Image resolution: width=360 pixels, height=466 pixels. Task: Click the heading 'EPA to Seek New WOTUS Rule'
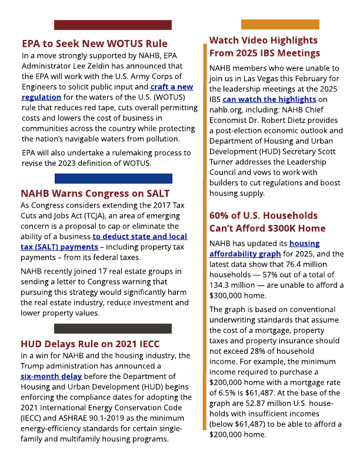94,44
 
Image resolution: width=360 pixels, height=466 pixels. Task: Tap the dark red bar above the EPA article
112,25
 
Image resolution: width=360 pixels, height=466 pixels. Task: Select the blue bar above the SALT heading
113,178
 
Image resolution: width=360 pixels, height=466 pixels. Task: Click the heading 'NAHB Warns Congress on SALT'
95,194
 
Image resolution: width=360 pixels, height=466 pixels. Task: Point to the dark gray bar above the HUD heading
112,328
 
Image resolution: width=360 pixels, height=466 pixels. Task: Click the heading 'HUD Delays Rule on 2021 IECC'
90,344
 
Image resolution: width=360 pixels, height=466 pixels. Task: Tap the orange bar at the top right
280,24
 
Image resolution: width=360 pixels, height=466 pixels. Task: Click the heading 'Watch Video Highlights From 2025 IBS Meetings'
263,46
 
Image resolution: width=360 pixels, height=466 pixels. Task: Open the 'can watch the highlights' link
269,99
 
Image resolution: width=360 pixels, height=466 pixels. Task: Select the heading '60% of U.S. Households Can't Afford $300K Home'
267,222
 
